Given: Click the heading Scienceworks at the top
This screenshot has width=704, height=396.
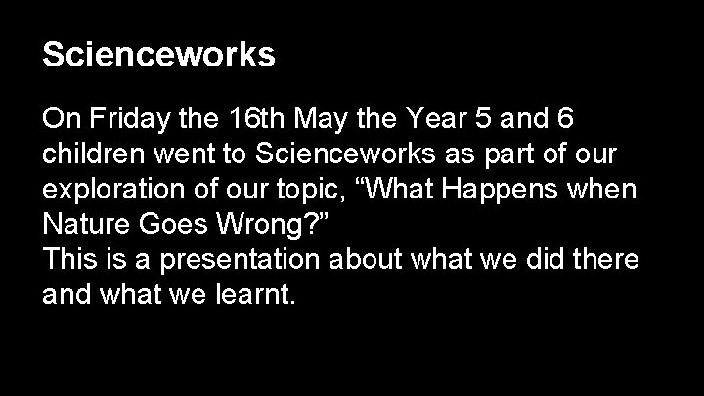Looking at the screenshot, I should (x=158, y=55).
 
